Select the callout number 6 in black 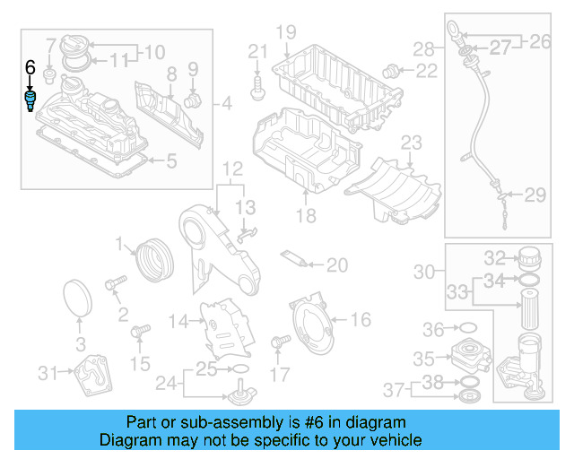click(x=30, y=67)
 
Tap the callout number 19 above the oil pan click(x=285, y=33)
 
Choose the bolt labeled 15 click(x=139, y=333)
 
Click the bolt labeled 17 click(x=280, y=342)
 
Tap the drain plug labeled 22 click(x=390, y=70)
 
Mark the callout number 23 click(x=411, y=143)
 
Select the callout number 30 click(x=424, y=271)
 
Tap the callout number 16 click(x=360, y=319)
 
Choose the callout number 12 click(x=232, y=169)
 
